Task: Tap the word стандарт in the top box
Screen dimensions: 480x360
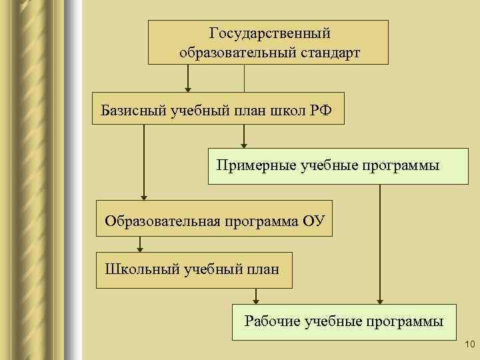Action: click(x=329, y=52)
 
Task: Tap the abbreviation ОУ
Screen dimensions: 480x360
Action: click(x=311, y=220)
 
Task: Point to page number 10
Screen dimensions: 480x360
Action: click(x=467, y=344)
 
